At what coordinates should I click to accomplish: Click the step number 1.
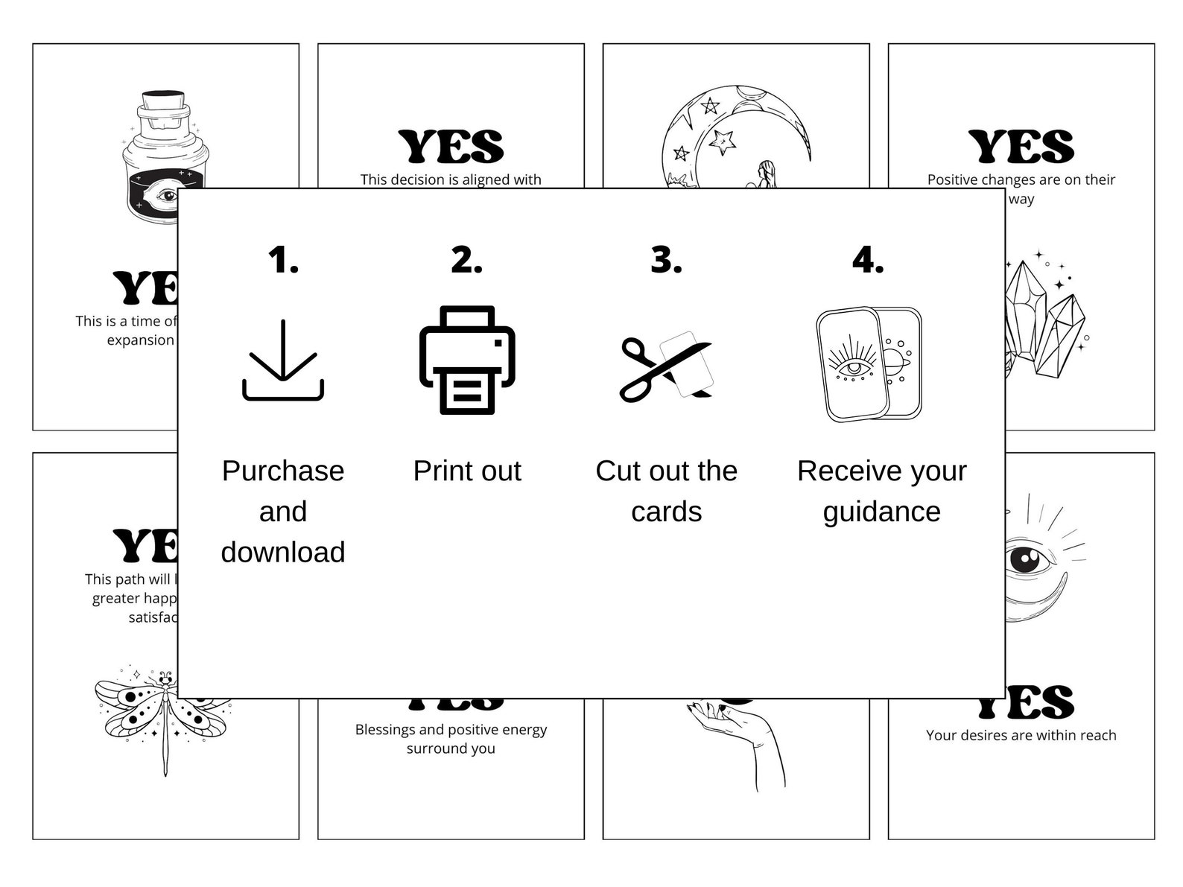point(283,260)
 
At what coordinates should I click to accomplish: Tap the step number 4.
point(868,260)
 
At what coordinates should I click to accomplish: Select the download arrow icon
point(283,360)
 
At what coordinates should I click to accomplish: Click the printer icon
point(467,360)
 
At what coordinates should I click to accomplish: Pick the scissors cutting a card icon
point(665,366)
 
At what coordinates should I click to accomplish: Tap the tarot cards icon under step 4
point(869,363)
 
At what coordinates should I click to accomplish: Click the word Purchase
point(283,471)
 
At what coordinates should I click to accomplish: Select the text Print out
point(467,471)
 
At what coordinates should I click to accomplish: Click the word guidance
point(881,512)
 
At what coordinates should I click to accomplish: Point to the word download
point(283,552)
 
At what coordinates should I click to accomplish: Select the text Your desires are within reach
point(1021,735)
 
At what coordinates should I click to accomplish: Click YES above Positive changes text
point(1021,147)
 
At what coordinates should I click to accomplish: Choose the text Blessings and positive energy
point(451,730)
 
